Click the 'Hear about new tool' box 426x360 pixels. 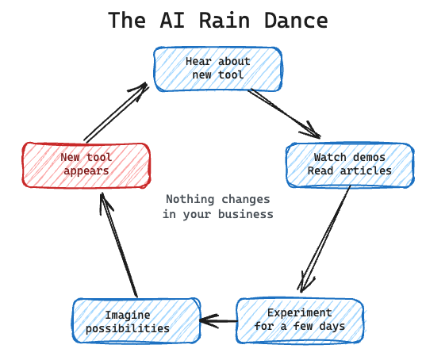pyautogui.click(x=217, y=68)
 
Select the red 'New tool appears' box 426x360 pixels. pyautogui.click(x=86, y=164)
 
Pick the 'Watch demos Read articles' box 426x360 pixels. pyautogui.click(x=349, y=164)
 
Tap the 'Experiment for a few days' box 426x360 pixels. pyautogui.click(x=300, y=319)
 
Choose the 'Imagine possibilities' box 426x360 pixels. pyautogui.click(x=136, y=321)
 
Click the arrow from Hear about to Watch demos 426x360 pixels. pyautogui.click(x=284, y=113)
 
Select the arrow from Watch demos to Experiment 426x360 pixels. pyautogui.click(x=325, y=238)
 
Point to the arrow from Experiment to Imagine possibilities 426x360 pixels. pyautogui.click(x=218, y=321)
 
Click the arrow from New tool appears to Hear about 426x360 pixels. pyautogui.click(x=116, y=112)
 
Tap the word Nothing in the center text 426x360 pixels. pyautogui.click(x=189, y=199)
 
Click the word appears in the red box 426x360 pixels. pyautogui.click(x=86, y=170)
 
